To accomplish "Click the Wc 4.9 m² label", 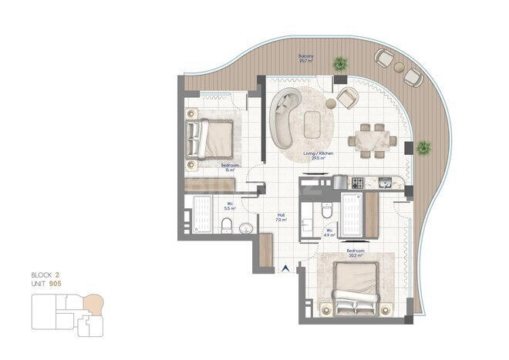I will (329, 232).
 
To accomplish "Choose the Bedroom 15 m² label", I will (228, 167).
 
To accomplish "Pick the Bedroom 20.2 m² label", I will (355, 254).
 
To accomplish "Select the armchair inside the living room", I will (346, 97).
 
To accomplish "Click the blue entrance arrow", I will (287, 269).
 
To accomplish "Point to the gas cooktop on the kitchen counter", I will (357, 183).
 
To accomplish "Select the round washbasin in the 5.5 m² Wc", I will (245, 227).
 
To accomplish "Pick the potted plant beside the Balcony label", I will (339, 64).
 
